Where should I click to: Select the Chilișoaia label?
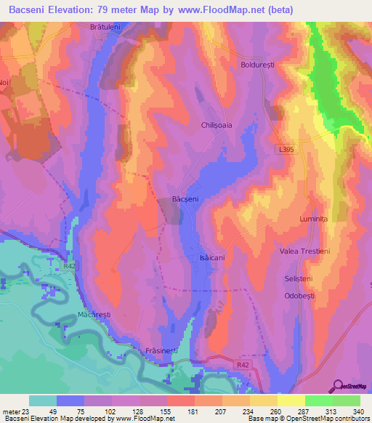coord(217,125)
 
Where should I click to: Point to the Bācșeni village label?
coord(185,198)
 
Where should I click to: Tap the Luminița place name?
coord(314,218)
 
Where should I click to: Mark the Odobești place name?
coord(298,297)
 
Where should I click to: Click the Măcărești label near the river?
coord(94,315)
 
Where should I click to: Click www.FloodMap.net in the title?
coord(217,8)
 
